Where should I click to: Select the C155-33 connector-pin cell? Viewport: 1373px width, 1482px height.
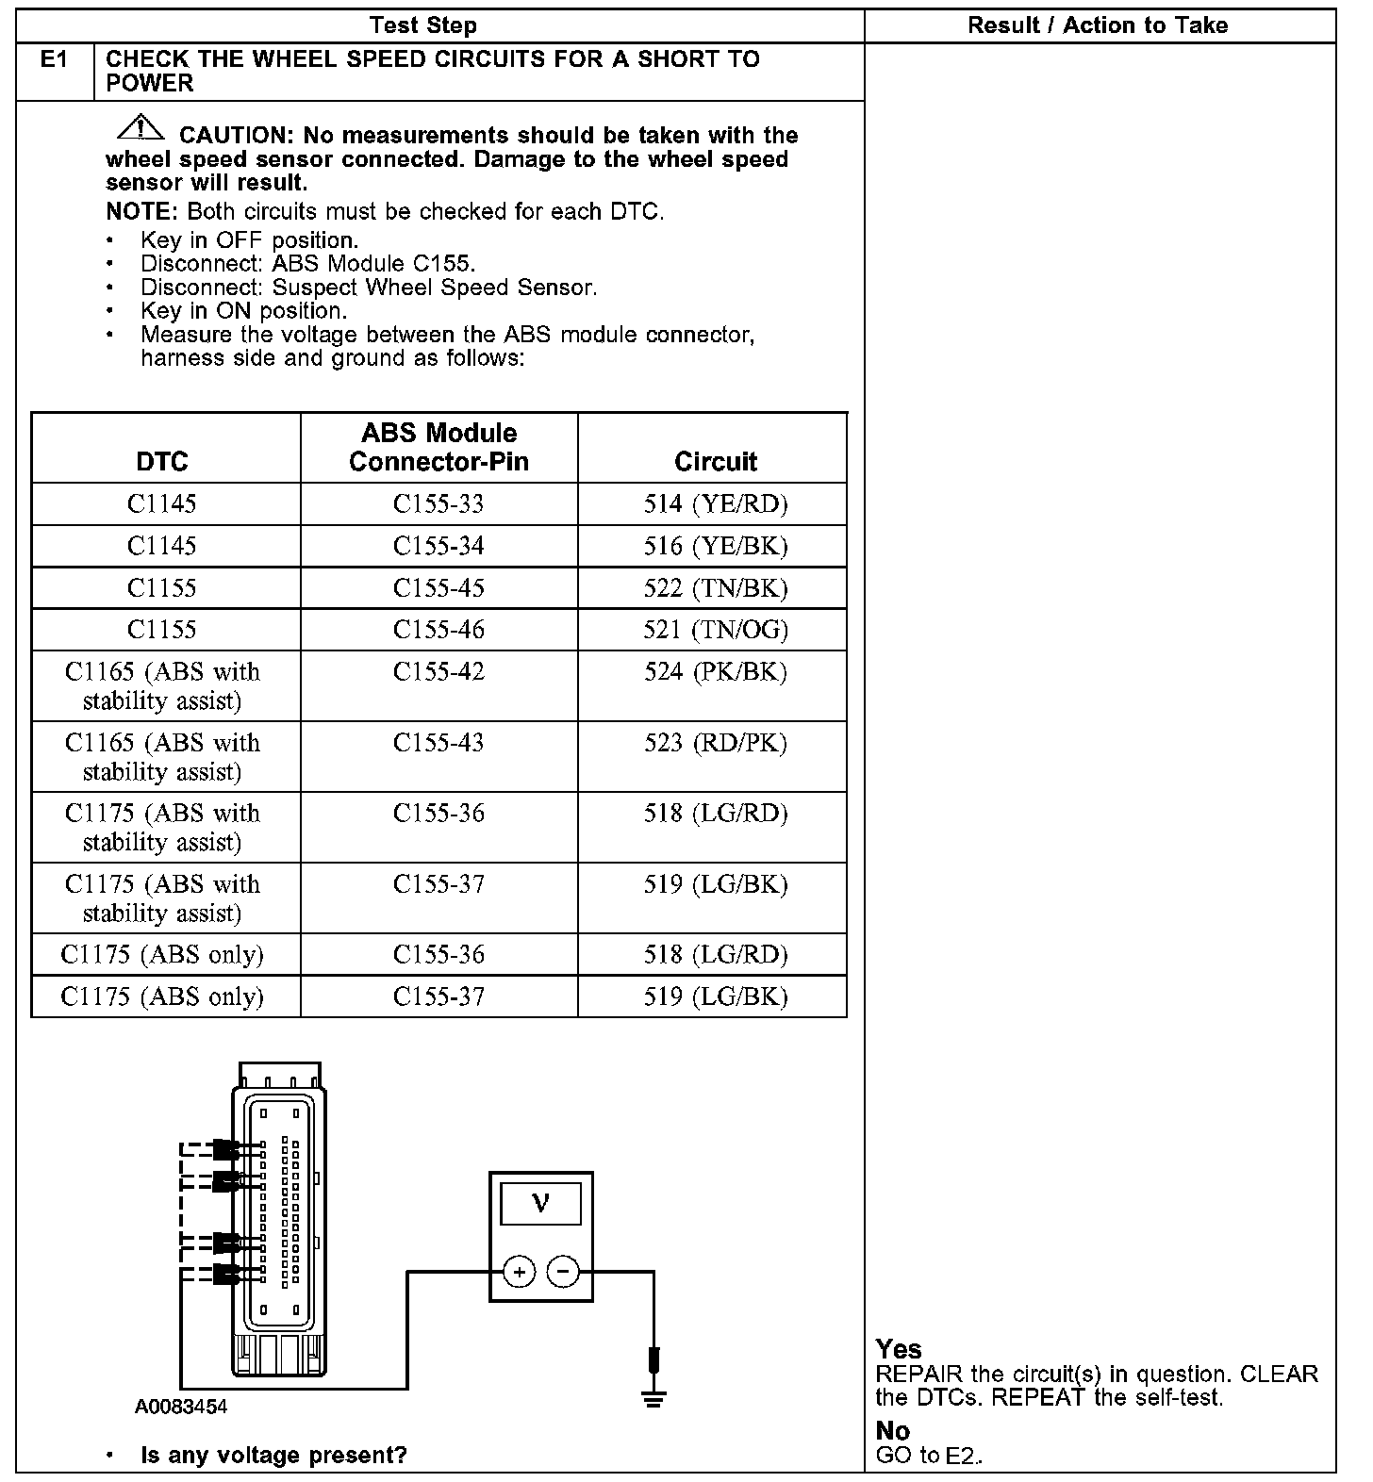click(438, 504)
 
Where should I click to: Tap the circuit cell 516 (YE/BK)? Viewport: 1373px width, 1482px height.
click(715, 547)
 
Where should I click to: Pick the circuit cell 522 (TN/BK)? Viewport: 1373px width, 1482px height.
click(715, 588)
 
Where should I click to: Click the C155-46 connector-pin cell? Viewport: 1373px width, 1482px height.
click(438, 630)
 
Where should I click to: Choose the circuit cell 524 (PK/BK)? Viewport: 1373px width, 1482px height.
click(715, 672)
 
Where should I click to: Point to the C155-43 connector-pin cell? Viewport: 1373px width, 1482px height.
click(438, 743)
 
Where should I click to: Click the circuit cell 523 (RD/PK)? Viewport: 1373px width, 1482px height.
click(715, 743)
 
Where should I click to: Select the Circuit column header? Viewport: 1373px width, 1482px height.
click(715, 461)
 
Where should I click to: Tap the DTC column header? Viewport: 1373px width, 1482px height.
click(162, 461)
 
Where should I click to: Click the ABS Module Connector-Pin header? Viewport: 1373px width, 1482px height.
click(438, 447)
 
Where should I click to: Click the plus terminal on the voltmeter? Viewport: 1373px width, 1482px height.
click(519, 1272)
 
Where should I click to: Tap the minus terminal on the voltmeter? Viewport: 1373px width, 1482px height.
click(563, 1272)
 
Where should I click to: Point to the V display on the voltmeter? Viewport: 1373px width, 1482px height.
click(540, 1204)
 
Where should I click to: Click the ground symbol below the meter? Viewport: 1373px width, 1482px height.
click(653, 1395)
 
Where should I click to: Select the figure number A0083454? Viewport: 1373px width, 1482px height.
click(181, 1408)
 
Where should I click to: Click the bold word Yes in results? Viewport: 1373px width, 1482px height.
click(898, 1349)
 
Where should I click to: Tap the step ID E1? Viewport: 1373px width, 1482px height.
click(55, 60)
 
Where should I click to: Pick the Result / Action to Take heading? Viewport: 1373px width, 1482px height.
click(1098, 25)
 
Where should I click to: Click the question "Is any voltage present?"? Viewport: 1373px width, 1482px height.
click(273, 1456)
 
